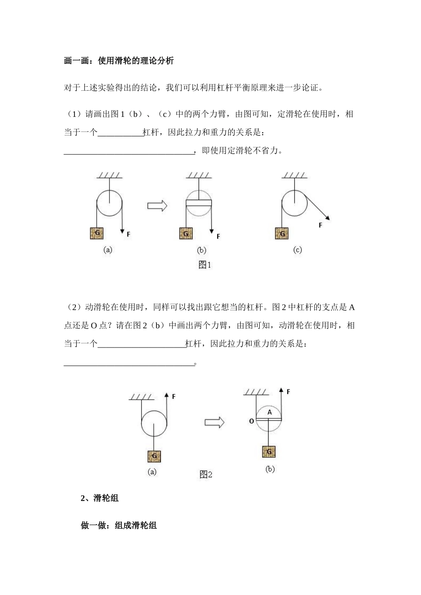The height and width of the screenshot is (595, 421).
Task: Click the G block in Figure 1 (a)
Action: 97,233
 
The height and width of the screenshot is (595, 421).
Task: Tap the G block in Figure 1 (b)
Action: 186,233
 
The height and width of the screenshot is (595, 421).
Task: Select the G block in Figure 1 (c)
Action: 281,233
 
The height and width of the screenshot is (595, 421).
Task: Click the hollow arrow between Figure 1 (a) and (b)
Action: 157,205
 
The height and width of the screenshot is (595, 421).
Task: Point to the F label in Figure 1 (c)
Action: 320,225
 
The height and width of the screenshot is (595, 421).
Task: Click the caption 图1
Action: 205,265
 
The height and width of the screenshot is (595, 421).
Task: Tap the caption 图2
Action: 206,475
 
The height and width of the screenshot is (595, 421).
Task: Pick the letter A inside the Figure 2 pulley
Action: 269,412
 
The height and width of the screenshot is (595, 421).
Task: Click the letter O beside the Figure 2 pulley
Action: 251,421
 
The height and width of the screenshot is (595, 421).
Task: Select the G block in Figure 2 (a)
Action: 154,456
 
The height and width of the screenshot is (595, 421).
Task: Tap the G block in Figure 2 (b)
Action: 269,451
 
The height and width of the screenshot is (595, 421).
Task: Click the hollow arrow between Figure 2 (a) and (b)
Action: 214,422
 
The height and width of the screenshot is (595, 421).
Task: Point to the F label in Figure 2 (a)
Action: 174,397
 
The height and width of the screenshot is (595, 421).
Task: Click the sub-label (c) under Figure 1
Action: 297,250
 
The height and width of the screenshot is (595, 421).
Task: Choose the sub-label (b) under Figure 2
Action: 270,469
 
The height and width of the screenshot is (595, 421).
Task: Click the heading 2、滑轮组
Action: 100,498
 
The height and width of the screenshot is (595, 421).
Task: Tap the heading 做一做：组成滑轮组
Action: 119,525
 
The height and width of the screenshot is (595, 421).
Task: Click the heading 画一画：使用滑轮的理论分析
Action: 119,61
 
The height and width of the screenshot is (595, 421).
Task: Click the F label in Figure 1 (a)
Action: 129,234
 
